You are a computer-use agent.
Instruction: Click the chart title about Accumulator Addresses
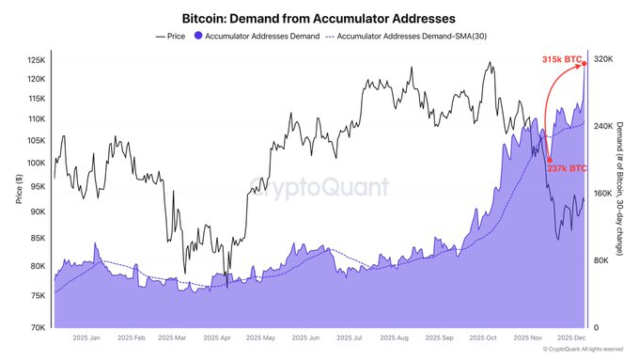319,17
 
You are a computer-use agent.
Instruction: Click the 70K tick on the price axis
38,328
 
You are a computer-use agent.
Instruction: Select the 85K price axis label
38,239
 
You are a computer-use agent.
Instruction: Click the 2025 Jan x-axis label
87,337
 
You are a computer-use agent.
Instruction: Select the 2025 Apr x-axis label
213,337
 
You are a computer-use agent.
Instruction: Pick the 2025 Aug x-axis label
389,337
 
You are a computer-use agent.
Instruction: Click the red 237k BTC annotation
567,168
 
